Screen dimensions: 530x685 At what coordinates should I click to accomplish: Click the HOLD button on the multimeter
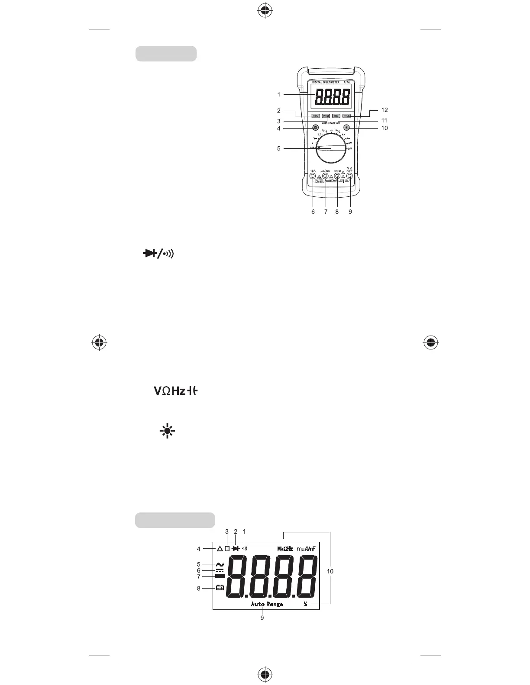tap(346, 116)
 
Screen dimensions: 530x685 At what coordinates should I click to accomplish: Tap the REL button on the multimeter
tap(336, 116)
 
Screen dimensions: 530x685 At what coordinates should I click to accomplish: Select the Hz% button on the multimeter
tap(315, 116)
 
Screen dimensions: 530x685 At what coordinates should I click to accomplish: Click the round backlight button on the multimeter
tap(346, 128)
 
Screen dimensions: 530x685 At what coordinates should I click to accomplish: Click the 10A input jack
tap(313, 176)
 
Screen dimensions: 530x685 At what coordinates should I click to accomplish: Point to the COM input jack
tap(337, 176)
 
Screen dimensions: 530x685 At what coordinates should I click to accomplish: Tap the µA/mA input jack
tap(325, 176)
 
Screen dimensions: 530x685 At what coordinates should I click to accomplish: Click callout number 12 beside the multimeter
tap(385, 110)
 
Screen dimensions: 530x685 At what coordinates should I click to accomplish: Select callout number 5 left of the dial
tap(279, 148)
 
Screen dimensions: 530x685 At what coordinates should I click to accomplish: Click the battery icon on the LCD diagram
tap(220, 588)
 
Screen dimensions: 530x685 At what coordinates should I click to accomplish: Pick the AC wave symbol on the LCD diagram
tap(220, 564)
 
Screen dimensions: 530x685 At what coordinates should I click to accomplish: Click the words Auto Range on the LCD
tap(267, 604)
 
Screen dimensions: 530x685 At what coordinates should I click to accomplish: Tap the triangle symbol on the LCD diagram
tap(220, 549)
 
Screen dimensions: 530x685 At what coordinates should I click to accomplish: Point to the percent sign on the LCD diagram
tap(305, 604)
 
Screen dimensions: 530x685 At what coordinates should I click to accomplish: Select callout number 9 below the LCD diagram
tap(262, 618)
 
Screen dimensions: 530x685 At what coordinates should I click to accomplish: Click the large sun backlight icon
tap(167, 431)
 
